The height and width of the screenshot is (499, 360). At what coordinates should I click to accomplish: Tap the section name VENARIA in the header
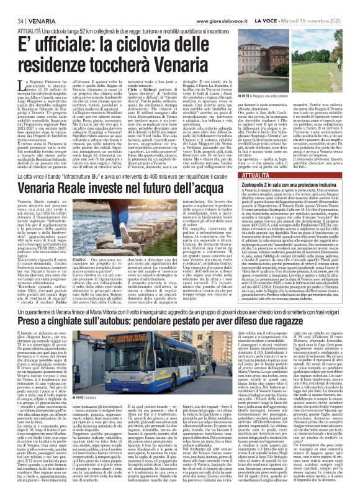coord(31,6)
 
